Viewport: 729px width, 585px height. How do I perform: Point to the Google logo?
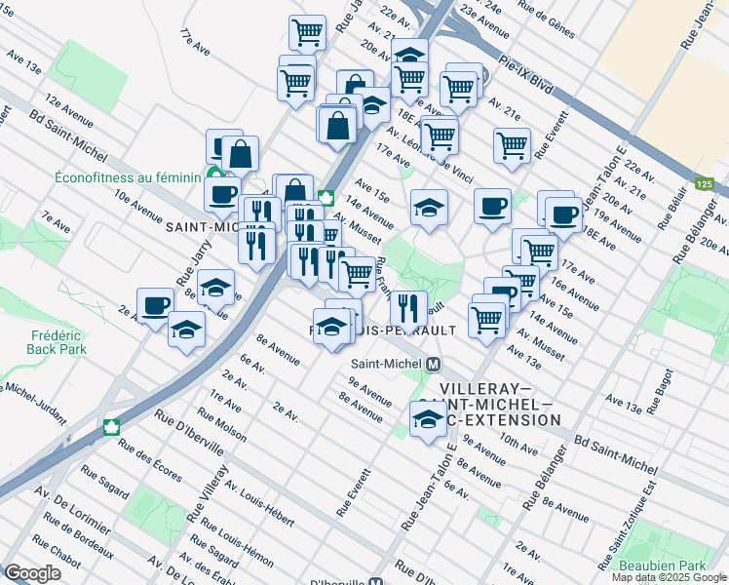(x=32, y=573)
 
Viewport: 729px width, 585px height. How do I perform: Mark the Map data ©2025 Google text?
(x=668, y=577)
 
